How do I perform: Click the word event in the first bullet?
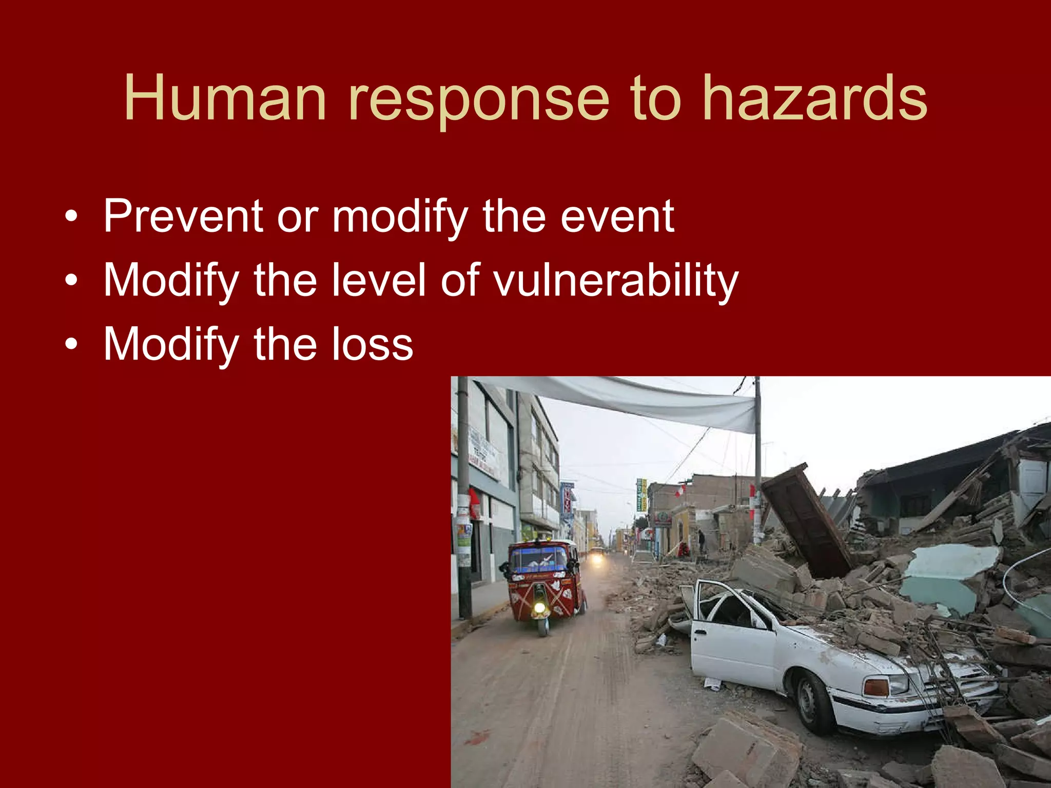(x=617, y=217)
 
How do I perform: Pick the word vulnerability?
(x=615, y=281)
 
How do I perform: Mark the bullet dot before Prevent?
(x=72, y=216)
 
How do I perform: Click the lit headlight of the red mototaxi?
(x=539, y=608)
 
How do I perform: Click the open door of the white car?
(x=729, y=636)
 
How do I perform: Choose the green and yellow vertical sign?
(x=641, y=495)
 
